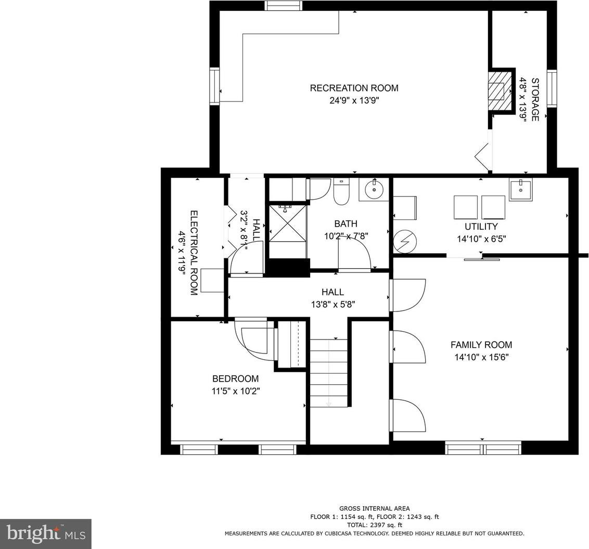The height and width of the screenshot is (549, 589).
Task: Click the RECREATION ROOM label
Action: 354,88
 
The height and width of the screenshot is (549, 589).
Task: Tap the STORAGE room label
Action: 535,99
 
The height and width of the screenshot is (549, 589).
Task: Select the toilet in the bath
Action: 341,191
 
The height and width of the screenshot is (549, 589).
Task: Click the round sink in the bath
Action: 374,189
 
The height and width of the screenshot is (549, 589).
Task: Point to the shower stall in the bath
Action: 288,223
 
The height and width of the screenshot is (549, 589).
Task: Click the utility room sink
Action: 521,189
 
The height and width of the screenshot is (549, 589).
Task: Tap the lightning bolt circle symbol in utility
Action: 405,241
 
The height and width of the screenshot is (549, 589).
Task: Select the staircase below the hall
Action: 329,373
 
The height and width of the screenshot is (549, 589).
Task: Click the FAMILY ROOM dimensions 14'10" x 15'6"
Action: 481,357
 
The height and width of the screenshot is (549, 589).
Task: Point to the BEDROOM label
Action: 236,378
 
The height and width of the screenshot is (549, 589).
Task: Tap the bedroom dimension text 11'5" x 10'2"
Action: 236,391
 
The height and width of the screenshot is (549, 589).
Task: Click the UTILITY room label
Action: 481,227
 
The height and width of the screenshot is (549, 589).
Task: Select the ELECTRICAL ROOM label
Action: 194,253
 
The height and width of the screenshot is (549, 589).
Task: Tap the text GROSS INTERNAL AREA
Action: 375,509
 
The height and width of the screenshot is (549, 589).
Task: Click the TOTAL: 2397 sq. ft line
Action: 375,525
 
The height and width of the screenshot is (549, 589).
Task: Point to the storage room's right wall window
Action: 552,88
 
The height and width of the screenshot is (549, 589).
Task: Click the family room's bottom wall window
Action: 483,448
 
